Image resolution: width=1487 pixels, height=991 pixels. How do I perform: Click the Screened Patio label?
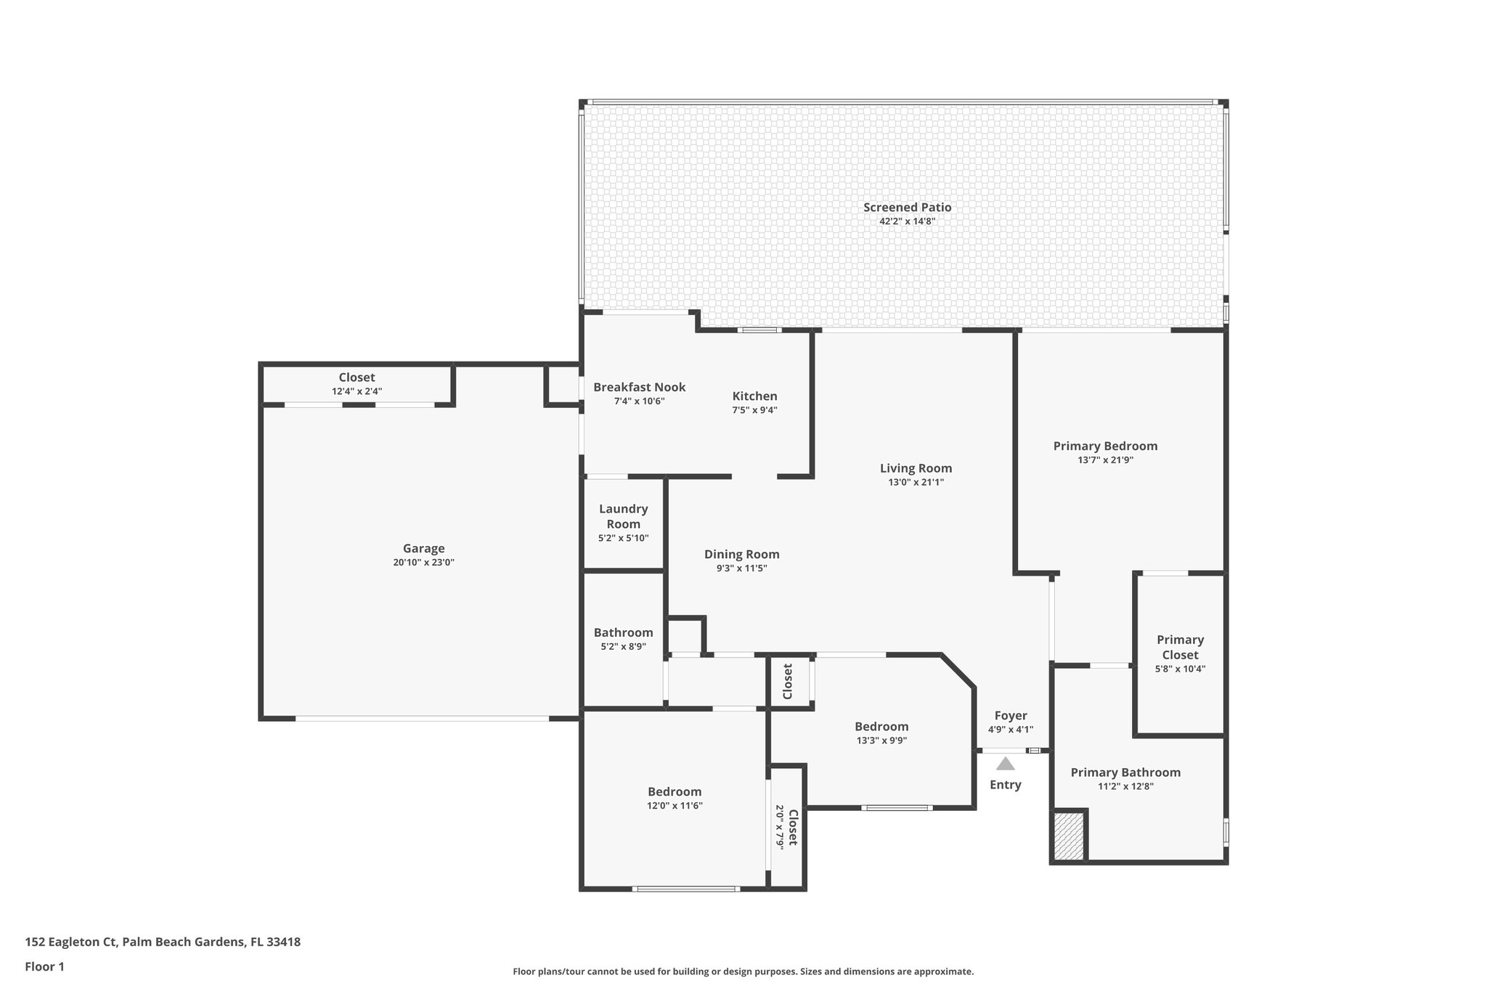pos(907,208)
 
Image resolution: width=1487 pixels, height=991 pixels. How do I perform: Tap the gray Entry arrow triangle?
pos(1005,764)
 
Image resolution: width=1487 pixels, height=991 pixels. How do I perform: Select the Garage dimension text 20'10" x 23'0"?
pos(423,563)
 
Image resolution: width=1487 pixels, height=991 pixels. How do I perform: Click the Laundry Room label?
pos(623,516)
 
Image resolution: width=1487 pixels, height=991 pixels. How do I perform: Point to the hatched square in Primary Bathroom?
pos(1068,836)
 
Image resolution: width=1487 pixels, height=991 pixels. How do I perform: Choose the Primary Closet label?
pos(1180,647)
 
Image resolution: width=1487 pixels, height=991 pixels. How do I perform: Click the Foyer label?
pos(1010,716)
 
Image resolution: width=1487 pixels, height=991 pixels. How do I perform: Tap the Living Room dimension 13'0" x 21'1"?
pos(916,482)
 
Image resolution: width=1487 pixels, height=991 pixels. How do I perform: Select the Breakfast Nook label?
pos(639,388)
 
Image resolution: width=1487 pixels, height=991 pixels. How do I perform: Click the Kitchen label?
pos(754,396)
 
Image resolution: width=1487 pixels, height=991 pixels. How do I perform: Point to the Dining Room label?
pos(741,555)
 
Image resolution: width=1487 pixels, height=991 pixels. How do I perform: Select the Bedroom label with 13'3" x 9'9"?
pos(881,727)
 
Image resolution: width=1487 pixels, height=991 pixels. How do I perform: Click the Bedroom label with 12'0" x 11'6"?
pos(675,792)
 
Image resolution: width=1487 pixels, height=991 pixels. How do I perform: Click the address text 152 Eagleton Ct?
pos(71,942)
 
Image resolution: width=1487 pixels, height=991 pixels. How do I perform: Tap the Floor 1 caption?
pos(44,967)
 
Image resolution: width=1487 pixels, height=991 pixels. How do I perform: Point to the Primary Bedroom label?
pos(1105,446)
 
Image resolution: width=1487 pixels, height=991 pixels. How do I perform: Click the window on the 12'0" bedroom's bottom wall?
pos(685,889)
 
